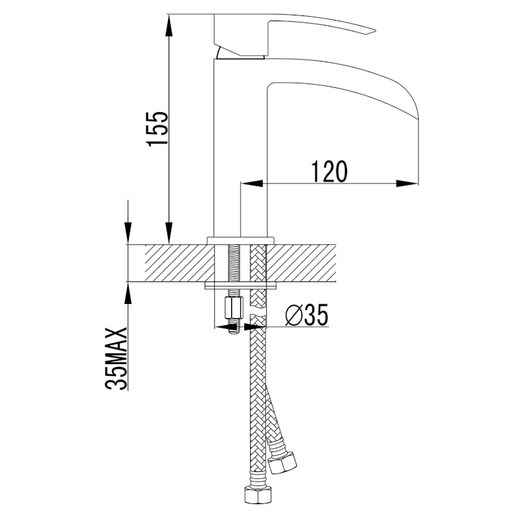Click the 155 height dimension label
point(157,129)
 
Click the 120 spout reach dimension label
point(328,171)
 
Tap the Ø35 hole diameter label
point(306,315)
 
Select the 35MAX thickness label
point(116,358)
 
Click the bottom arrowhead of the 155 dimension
point(169,233)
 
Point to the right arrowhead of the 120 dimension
point(407,183)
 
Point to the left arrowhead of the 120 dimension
point(252,183)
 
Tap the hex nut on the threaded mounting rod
point(234,308)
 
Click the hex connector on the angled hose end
point(282,461)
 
